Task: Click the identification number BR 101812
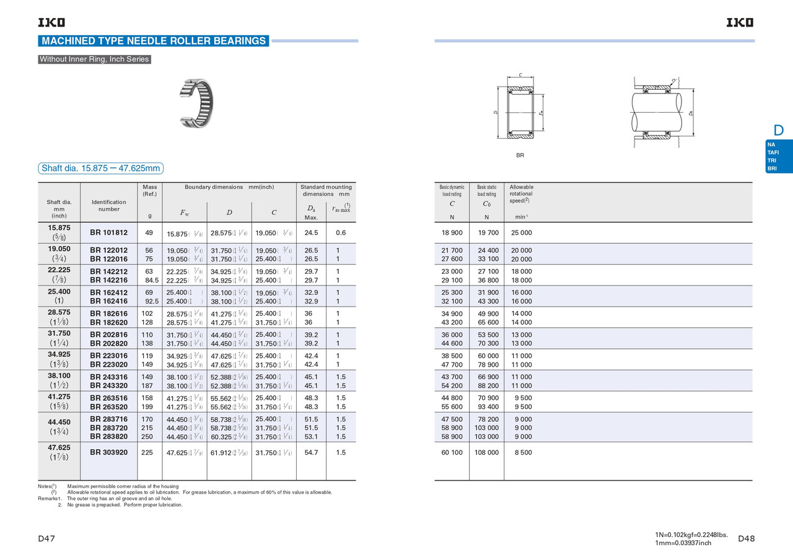click(108, 233)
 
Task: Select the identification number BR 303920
click(108, 452)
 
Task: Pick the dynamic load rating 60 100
click(452, 452)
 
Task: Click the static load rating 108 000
click(488, 452)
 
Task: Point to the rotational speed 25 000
click(521, 233)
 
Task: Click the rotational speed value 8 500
click(523, 452)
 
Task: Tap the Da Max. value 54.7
click(311, 452)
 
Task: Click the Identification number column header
click(108, 205)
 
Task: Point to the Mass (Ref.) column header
click(149, 190)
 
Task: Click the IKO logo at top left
click(51, 23)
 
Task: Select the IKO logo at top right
click(740, 23)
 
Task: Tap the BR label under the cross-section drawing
click(520, 155)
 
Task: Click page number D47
click(46, 538)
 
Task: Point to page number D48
click(747, 538)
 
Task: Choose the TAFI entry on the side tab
click(773, 152)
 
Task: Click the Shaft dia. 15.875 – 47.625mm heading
click(100, 168)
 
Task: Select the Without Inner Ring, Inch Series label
click(94, 59)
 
